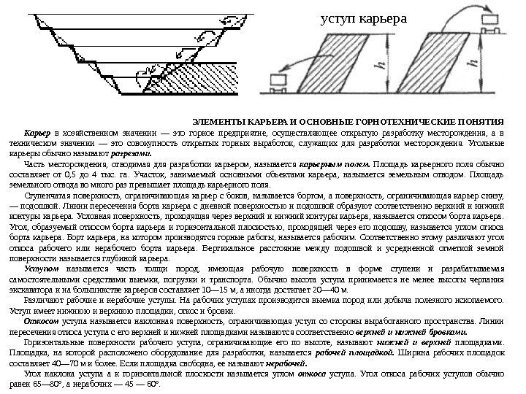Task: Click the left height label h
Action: pos(379,67)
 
